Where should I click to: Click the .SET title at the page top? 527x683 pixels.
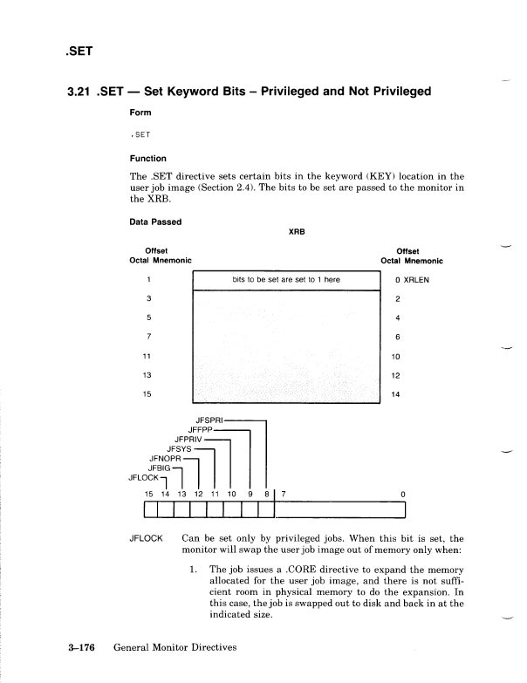click(73, 50)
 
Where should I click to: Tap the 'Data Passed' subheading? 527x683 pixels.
click(155, 222)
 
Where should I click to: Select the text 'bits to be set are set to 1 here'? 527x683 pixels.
click(285, 280)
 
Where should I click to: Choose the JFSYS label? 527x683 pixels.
click(179, 448)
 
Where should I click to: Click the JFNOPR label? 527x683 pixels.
click(167, 458)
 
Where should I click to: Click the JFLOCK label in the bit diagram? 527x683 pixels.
click(143, 477)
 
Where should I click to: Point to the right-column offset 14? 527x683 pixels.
click(396, 394)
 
